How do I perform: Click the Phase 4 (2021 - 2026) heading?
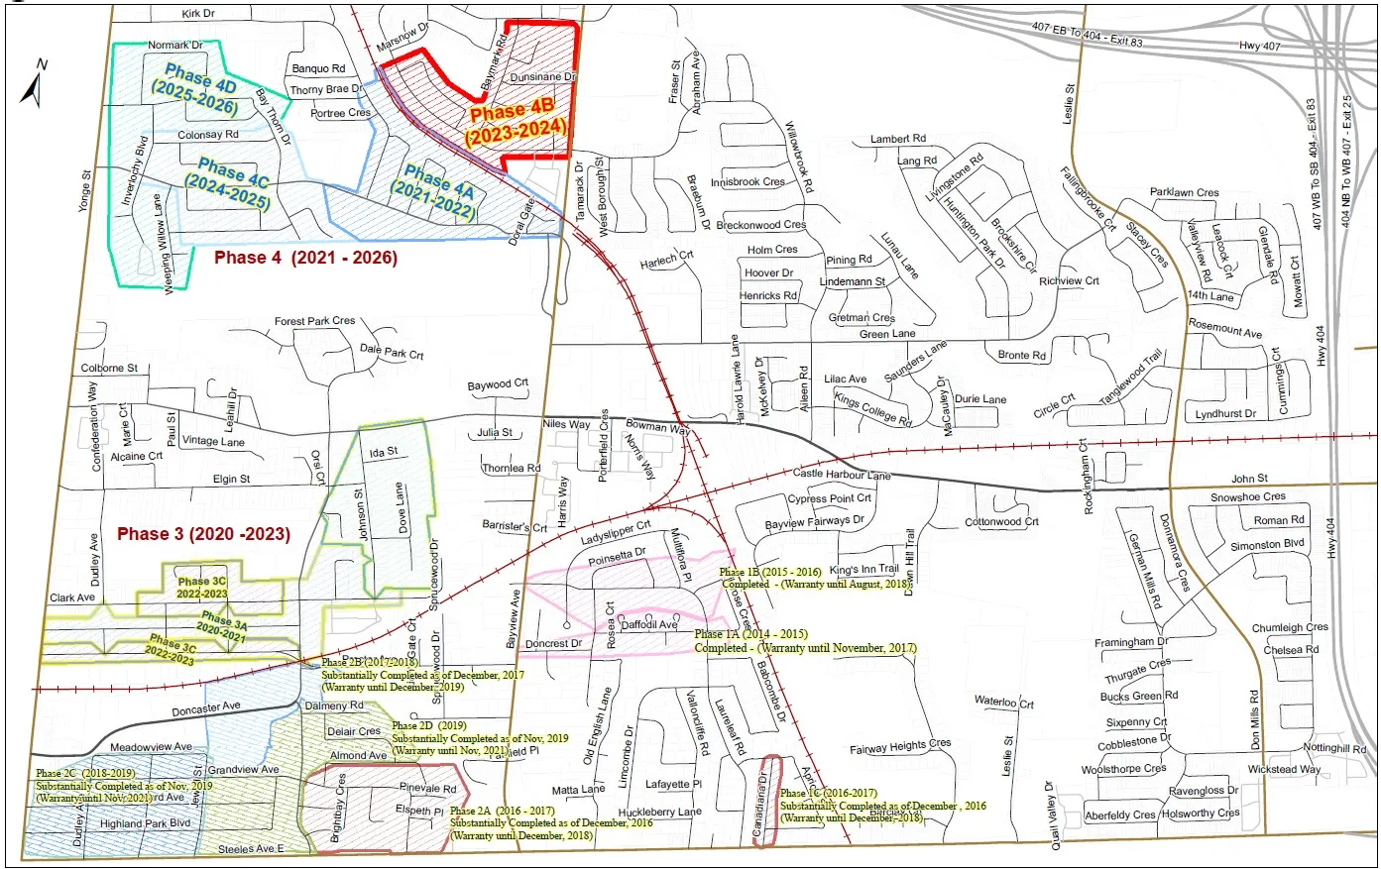click(x=306, y=258)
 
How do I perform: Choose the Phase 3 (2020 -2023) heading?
click(x=203, y=534)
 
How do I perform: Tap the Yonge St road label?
click(x=85, y=187)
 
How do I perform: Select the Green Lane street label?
click(x=887, y=335)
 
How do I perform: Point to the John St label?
click(x=1249, y=479)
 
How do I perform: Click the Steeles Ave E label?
click(x=251, y=849)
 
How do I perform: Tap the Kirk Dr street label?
click(x=198, y=14)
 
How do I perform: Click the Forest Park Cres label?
click(x=314, y=322)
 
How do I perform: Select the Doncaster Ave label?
click(x=206, y=709)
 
